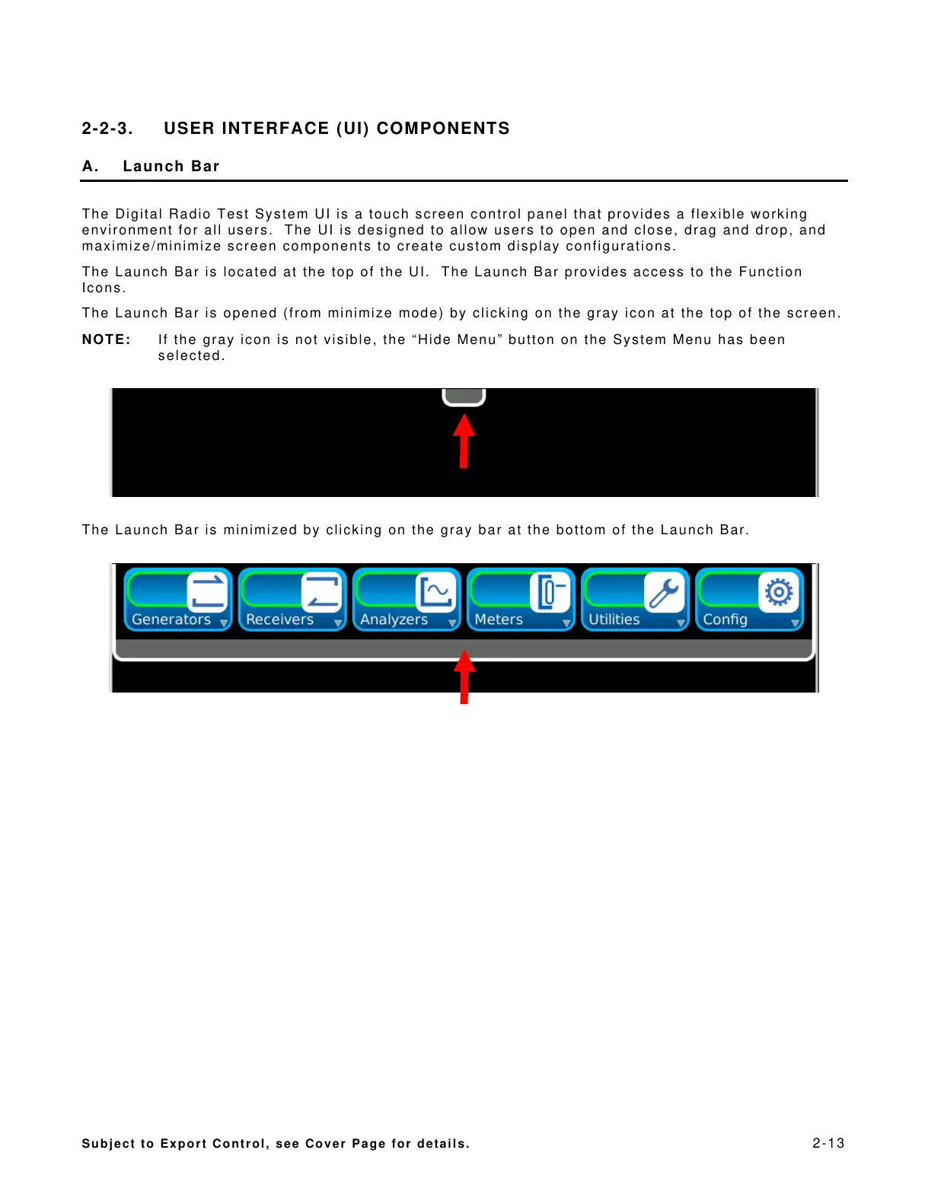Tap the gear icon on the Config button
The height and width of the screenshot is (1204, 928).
779,591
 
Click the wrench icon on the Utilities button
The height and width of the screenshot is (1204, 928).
665,592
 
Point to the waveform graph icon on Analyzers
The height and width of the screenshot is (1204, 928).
436,591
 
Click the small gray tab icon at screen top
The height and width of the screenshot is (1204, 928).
464,397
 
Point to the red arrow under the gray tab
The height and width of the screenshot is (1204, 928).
464,441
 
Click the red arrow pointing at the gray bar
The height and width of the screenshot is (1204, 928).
464,677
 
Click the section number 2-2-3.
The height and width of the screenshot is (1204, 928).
107,129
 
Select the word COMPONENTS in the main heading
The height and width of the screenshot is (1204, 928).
443,129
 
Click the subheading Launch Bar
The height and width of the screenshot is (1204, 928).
171,167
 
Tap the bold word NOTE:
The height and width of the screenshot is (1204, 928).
106,340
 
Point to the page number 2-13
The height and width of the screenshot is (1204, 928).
828,1143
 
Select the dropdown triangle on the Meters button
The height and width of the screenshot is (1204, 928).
566,623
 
